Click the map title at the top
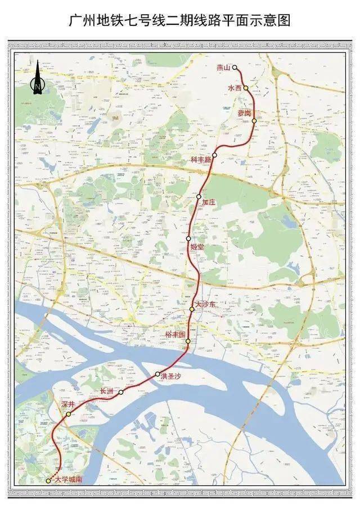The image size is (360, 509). tap(180, 21)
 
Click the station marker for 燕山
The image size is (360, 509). tap(235, 67)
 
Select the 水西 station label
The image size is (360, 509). tap(235, 88)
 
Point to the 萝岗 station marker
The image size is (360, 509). tap(254, 121)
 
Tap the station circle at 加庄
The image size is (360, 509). tap(199, 196)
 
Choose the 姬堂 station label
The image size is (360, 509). tap(197, 247)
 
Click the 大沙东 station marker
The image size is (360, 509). tap(192, 309)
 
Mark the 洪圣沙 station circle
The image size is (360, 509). tap(157, 374)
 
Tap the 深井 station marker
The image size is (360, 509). tap(68, 415)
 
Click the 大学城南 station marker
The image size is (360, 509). tap(48, 481)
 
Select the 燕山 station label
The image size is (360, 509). tap(224, 67)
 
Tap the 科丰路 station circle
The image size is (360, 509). tap(214, 155)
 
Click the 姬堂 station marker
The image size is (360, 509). tap(188, 239)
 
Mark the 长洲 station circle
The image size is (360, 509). tap(121, 392)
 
